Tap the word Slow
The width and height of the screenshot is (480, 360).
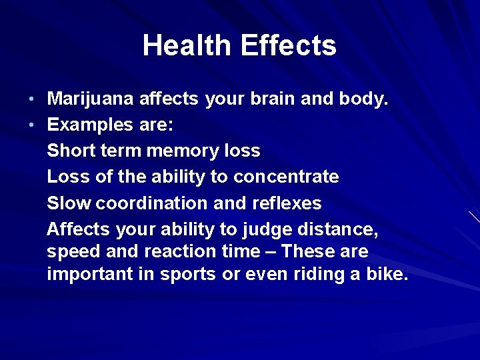click(69, 203)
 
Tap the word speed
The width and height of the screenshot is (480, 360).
click(73, 252)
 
